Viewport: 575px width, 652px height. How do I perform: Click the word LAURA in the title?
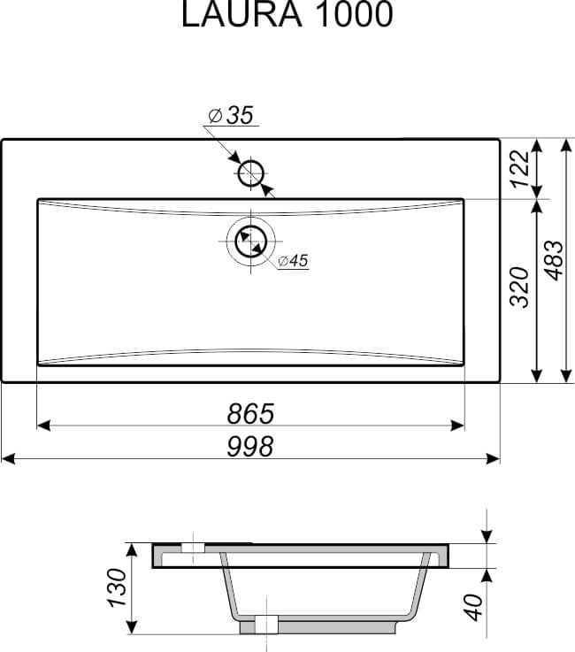[x=241, y=14]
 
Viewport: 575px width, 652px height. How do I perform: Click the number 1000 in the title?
[x=355, y=14]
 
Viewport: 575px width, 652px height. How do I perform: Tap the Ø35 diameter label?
[x=232, y=115]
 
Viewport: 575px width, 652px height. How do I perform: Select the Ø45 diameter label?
[x=293, y=261]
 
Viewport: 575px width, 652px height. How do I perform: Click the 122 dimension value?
[x=520, y=169]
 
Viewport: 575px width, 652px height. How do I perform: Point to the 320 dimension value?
[x=520, y=287]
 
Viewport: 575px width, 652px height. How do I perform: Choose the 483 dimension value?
[x=554, y=260]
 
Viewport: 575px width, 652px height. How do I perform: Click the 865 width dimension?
[x=250, y=414]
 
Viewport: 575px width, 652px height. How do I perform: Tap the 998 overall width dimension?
[x=250, y=447]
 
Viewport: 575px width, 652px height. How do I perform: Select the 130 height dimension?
[x=117, y=588]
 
